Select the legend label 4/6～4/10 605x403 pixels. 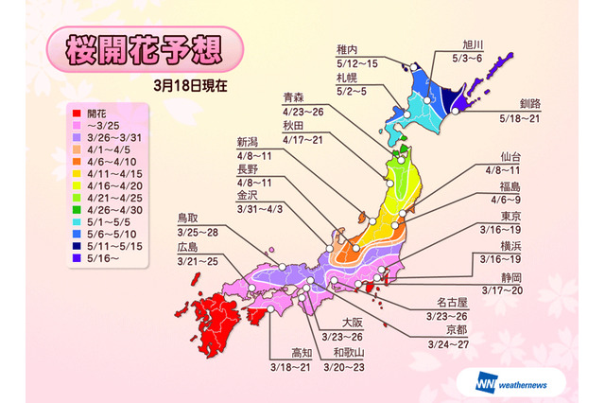[x=99, y=162]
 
